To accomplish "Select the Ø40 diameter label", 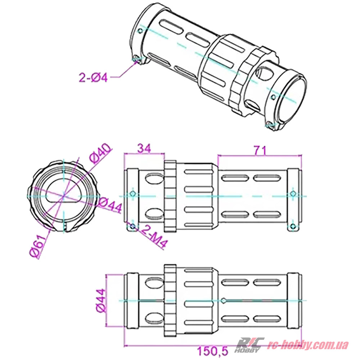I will (100, 154).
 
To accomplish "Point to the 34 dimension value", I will (143, 148).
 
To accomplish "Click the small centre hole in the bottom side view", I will (224, 300).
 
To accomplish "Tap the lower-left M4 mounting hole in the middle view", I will (133, 226).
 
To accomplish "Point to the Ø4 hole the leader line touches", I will (136, 59).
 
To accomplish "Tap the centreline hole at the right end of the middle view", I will (293, 194).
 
